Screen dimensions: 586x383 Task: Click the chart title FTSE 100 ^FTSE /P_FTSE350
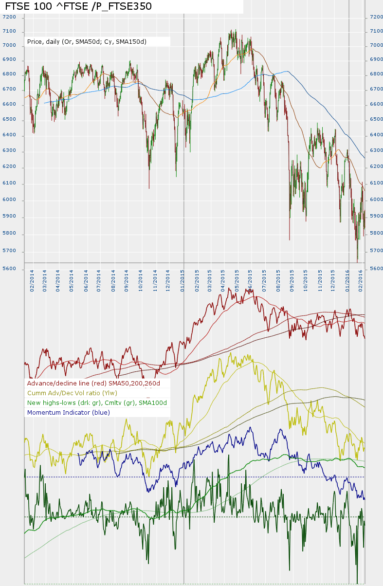[x=78, y=6]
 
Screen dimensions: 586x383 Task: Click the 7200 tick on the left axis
[x=9, y=17]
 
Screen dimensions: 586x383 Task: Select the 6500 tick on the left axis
[x=9, y=119]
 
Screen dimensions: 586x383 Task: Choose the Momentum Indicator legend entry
[x=69, y=413]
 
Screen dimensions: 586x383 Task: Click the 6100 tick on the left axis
[x=9, y=183]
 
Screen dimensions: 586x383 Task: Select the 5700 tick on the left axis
[x=9, y=251]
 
